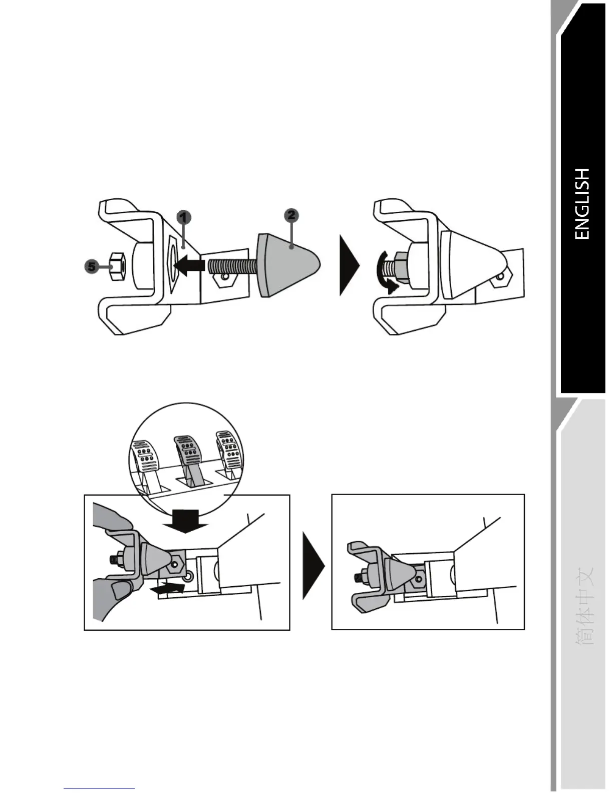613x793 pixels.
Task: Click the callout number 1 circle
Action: (184, 217)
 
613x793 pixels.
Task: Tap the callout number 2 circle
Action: (291, 215)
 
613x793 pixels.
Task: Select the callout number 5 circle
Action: (91, 267)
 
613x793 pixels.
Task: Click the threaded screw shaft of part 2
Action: (231, 265)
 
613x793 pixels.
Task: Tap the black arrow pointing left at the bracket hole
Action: (189, 265)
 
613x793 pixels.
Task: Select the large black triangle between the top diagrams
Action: (349, 266)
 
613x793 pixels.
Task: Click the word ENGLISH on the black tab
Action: (582, 204)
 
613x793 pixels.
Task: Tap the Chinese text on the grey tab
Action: (583, 606)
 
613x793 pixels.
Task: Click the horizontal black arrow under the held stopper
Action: (167, 590)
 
